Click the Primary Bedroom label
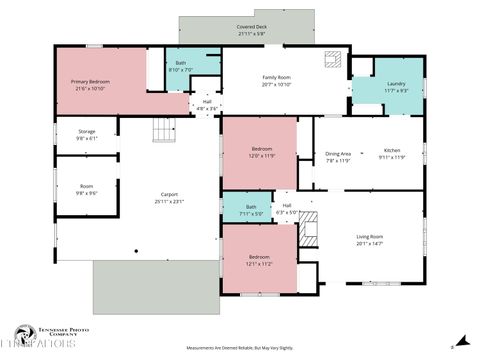(x=90, y=84)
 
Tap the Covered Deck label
(x=251, y=31)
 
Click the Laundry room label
(x=397, y=87)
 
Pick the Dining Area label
(x=338, y=156)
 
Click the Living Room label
(x=370, y=239)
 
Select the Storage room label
(x=87, y=135)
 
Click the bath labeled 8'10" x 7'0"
(x=181, y=66)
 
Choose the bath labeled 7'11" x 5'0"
(x=250, y=210)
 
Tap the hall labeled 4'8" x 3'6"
(x=207, y=104)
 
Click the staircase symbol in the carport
(x=162, y=129)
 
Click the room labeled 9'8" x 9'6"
(x=87, y=190)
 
